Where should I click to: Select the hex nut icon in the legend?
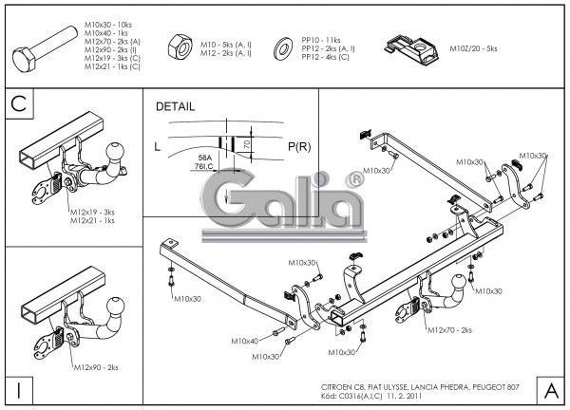pos(177,47)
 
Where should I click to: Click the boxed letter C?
pos(19,104)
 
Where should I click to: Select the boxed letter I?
pos(19,389)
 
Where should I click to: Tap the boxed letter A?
pos(550,389)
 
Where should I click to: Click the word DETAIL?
pos(175,106)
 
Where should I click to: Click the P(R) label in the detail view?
pos(298,146)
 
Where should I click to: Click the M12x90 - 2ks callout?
pos(94,367)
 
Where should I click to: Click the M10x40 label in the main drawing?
pos(244,340)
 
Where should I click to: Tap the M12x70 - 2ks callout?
pos(450,329)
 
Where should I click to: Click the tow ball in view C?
pos(116,152)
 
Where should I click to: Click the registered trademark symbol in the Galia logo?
pos(353,177)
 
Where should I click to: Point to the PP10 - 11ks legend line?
pos(320,40)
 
